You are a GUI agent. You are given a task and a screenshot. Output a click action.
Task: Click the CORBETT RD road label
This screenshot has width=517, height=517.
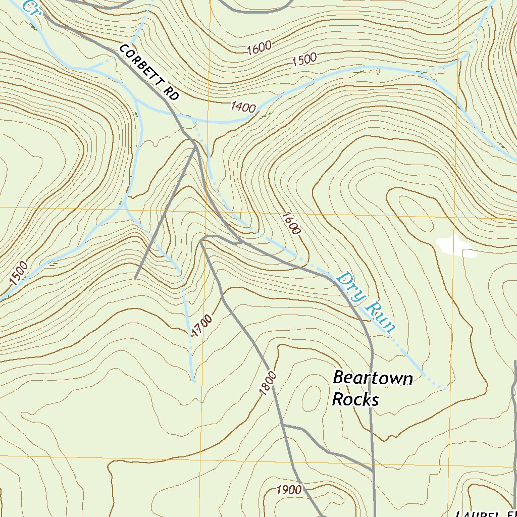[149, 72]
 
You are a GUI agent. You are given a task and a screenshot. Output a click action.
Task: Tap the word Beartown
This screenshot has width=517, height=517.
[373, 378]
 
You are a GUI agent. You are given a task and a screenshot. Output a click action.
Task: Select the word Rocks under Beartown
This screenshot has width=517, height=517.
[355, 399]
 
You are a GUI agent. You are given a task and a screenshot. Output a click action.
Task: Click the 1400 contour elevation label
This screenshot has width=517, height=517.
[243, 106]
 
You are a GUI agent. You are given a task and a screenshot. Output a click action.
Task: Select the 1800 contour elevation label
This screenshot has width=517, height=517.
[268, 384]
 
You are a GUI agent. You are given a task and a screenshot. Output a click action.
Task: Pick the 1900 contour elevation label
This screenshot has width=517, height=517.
[289, 490]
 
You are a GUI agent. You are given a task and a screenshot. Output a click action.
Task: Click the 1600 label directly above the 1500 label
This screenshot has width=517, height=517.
[260, 48]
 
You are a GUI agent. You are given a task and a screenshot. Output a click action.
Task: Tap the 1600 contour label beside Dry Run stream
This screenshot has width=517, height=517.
[291, 223]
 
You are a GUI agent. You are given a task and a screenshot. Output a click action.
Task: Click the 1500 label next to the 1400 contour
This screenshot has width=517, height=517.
[304, 59]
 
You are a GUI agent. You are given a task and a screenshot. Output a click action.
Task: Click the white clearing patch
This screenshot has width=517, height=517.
[455, 247]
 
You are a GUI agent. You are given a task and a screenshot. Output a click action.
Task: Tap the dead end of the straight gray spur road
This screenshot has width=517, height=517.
[135, 278]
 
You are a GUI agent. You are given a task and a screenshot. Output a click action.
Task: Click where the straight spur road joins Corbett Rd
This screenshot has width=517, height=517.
[195, 147]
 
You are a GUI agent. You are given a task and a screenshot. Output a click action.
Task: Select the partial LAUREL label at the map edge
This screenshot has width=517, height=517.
[485, 513]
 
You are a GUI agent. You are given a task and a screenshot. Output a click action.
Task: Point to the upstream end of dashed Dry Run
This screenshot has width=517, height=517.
[444, 389]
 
